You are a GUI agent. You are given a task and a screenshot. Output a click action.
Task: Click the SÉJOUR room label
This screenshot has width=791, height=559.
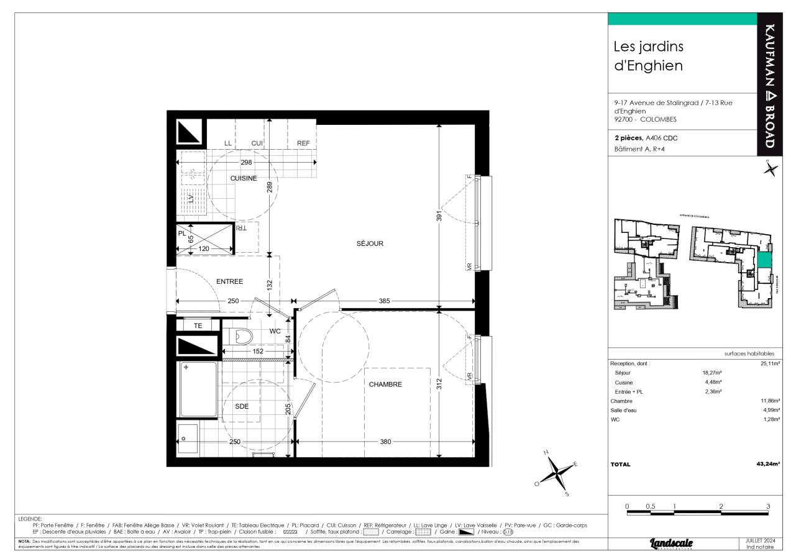pos(370,243)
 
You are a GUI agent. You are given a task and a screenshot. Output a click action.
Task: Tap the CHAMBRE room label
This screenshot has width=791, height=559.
pos(385,384)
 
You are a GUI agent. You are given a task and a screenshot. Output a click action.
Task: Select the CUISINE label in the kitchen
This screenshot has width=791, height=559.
pos(244,178)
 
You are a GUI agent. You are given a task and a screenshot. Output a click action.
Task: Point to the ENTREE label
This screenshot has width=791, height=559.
pos(229,281)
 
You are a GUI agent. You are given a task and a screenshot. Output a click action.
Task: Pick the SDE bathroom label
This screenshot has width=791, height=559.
pos(242,406)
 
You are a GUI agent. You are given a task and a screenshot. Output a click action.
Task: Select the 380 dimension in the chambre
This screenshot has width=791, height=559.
pos(385,442)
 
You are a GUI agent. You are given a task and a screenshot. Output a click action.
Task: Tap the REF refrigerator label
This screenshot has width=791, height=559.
pos(303,143)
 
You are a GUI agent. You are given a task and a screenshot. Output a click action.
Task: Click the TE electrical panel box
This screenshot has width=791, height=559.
pos(198,325)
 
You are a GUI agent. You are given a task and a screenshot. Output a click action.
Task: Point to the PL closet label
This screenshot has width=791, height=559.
pos(181,234)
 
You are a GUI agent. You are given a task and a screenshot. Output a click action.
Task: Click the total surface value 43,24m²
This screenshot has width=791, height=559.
pos(767,464)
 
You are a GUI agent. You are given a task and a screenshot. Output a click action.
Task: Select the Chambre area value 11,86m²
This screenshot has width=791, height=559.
pos(769,401)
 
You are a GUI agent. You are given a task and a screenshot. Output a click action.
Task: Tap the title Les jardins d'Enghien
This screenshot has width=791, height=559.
pos(648,56)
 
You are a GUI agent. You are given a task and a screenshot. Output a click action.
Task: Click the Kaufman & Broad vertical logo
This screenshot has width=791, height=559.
pos(769,87)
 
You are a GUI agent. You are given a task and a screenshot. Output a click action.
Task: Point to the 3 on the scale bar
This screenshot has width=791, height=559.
pos(768,506)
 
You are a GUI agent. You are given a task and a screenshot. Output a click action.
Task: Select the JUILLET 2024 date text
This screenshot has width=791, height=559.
pos(759,540)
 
